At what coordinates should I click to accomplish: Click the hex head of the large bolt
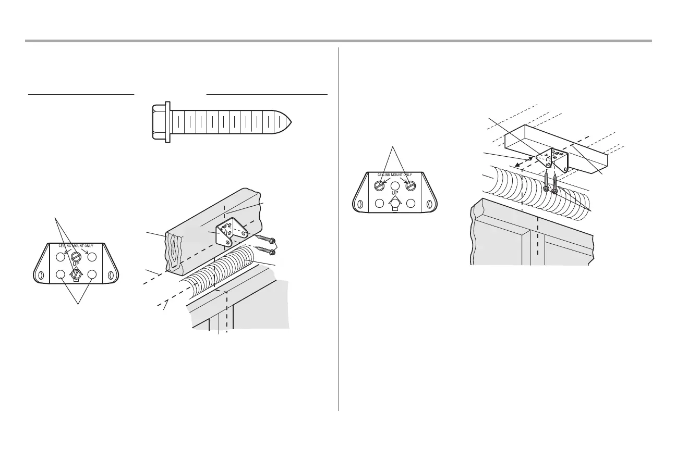click(160, 121)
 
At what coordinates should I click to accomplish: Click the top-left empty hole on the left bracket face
click(61, 257)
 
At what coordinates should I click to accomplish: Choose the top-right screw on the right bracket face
click(411, 184)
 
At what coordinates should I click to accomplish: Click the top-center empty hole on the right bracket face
click(395, 184)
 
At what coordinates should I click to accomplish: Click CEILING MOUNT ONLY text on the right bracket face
click(395, 175)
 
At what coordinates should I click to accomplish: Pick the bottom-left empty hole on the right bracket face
click(379, 203)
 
